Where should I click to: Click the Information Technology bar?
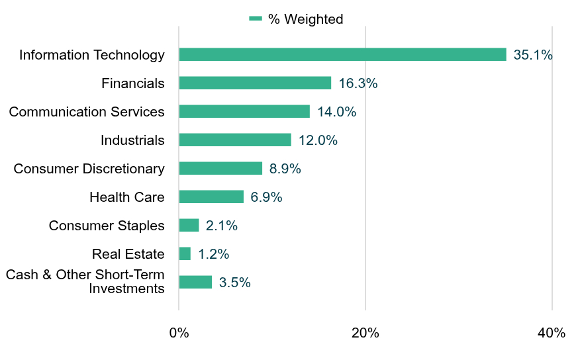342,54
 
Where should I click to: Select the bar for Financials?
255,83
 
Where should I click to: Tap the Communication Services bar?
244,111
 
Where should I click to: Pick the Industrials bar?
235,140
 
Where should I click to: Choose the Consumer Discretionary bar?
220,168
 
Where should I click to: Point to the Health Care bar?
211,197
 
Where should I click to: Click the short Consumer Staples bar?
189,225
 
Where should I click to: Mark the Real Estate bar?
185,253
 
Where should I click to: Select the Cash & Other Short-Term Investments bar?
195,282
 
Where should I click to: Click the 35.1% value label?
533,55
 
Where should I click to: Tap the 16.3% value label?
358,83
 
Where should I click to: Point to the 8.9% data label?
285,169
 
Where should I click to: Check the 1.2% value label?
213,254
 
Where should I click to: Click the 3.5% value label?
235,283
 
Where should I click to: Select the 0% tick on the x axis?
179,333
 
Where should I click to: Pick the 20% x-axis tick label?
365,333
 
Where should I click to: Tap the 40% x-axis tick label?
552,333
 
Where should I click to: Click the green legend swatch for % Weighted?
256,19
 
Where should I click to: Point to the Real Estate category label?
128,254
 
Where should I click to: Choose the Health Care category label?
127,197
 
